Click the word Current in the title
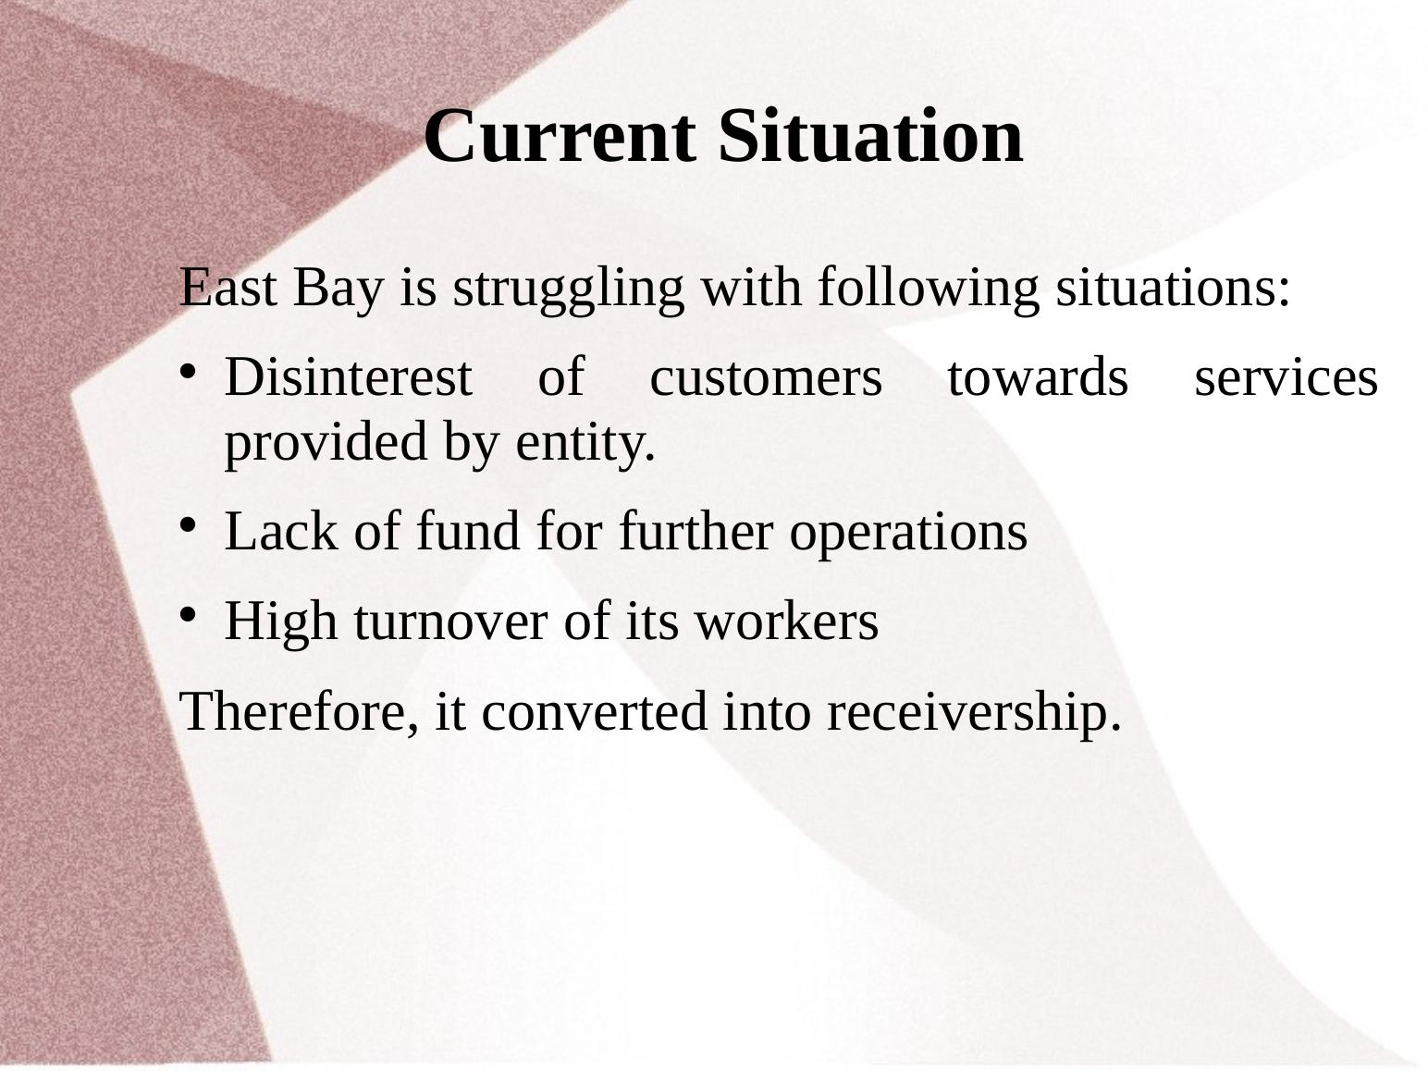[560, 137]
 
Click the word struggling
[569, 289]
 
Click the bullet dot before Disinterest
[188, 373]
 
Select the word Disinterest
[348, 377]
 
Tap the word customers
[766, 378]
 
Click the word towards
[1038, 377]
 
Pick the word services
[1286, 378]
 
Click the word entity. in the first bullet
[585, 444]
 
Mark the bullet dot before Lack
[188, 526]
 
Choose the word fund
[468, 531]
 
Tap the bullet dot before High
[188, 615]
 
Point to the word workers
[786, 621]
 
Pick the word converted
[594, 712]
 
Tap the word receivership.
[974, 714]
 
